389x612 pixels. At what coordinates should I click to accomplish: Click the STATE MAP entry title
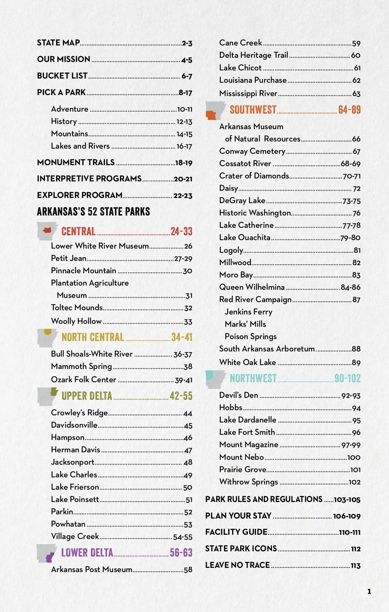point(58,43)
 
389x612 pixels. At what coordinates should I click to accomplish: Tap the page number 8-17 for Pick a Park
point(185,93)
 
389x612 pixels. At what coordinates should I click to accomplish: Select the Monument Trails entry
point(76,162)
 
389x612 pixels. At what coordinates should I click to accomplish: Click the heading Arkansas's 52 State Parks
point(93,212)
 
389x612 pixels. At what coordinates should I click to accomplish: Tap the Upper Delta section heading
point(87,396)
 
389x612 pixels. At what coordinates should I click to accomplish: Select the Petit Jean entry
point(69,258)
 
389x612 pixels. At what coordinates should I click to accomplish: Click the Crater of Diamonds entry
point(254,176)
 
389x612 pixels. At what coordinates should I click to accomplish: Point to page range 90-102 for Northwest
point(347,378)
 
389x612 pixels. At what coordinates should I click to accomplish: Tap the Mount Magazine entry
point(249,445)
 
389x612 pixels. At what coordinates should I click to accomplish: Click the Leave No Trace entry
point(237,565)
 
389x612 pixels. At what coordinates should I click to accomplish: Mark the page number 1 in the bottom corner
point(369,591)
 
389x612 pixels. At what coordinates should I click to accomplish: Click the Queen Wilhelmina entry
point(252,287)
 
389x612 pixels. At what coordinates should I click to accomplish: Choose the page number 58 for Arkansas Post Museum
point(188,570)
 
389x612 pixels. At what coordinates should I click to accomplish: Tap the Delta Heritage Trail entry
point(253,55)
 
